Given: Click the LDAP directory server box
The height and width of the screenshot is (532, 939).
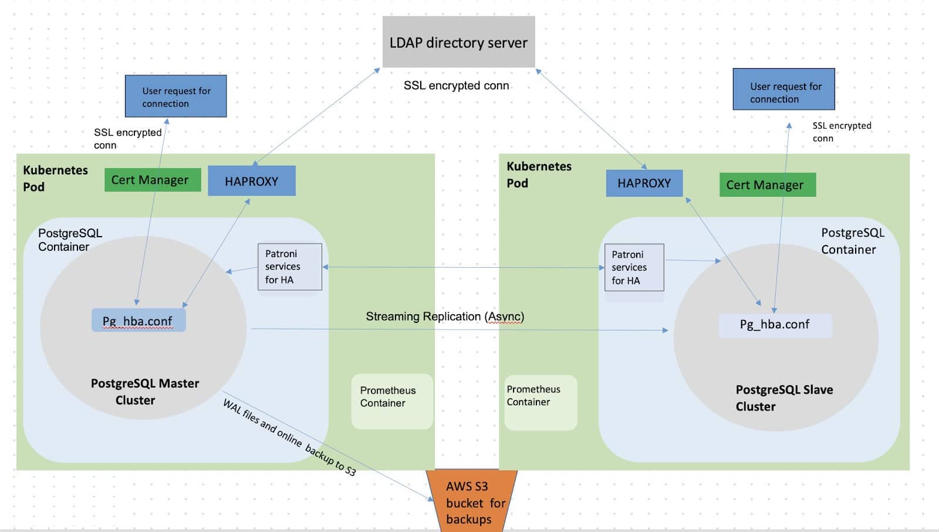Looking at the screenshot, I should click(x=458, y=42).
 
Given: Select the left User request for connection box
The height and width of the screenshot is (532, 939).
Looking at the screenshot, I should click(x=175, y=96).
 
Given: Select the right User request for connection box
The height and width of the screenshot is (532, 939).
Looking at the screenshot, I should click(x=783, y=90).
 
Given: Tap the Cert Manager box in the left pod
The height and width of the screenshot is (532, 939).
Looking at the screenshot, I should click(x=152, y=180).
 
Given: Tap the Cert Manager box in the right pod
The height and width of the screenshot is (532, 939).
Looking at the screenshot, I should click(x=767, y=185).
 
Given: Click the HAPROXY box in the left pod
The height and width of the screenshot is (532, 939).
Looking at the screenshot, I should click(x=251, y=181).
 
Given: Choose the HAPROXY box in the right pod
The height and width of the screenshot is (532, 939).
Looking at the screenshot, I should click(x=644, y=183).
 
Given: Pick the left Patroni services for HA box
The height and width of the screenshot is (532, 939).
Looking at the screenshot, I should click(x=290, y=267).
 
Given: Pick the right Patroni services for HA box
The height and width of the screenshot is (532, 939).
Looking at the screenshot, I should click(x=634, y=268).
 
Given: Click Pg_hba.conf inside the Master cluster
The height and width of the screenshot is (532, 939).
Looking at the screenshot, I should click(x=139, y=321).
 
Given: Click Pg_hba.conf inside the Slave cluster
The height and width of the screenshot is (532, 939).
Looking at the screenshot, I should click(x=775, y=325).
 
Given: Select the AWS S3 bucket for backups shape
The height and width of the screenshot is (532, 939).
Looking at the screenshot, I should click(x=471, y=502).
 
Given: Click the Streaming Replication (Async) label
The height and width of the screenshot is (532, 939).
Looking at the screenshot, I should click(x=445, y=316).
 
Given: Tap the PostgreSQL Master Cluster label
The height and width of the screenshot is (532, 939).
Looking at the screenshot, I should click(x=144, y=392).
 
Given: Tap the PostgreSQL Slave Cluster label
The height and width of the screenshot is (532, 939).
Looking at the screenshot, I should click(x=783, y=398).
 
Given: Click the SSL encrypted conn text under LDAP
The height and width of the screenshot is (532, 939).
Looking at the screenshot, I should click(x=456, y=86).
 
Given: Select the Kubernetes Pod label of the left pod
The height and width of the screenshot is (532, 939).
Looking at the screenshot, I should click(x=55, y=178).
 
